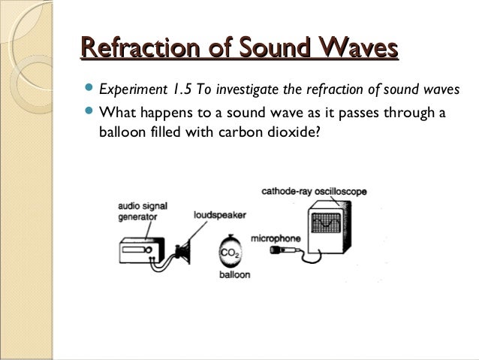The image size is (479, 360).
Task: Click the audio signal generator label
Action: click(x=138, y=210)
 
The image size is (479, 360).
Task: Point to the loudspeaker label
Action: click(x=220, y=214)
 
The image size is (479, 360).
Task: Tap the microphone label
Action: click(x=276, y=238)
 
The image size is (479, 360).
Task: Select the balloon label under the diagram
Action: click(x=234, y=275)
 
